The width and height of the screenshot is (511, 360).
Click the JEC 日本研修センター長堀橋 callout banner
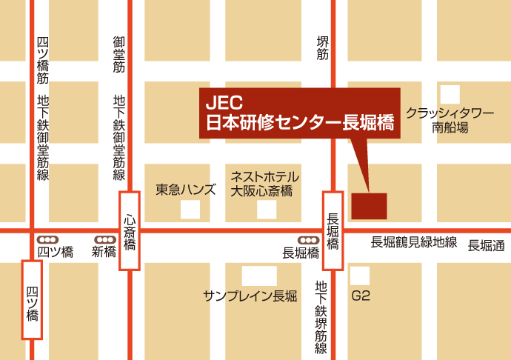point(299,113)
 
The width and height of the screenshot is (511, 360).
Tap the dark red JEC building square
point(369,206)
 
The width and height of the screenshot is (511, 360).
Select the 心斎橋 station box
point(130,230)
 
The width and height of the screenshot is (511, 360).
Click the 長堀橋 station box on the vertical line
point(333,230)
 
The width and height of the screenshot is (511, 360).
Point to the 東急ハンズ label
point(186,189)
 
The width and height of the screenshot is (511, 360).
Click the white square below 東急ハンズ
point(190,210)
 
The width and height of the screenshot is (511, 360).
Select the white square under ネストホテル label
point(267,210)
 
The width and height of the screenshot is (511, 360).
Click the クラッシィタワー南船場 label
point(450,120)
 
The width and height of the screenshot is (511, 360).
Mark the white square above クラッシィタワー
point(450,94)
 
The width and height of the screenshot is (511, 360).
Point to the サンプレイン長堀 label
point(250,296)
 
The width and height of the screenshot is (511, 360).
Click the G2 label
point(361,296)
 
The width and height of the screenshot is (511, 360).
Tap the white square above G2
point(360,275)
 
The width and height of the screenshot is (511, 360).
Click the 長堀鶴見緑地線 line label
point(414,242)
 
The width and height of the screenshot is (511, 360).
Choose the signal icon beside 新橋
point(104,239)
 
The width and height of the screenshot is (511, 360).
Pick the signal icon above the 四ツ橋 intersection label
point(49,239)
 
